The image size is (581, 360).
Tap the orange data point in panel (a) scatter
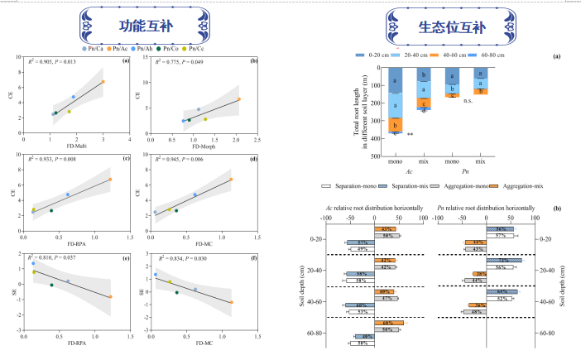pos(103,81)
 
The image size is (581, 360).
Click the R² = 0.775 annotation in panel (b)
pos(178,61)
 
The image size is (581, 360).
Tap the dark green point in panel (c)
pos(51,210)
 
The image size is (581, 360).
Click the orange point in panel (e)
pos(110,296)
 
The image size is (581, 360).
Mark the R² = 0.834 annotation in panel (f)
pos(178,259)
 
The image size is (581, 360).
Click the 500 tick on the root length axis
pos(382,155)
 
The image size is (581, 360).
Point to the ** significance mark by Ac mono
pos(410,133)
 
